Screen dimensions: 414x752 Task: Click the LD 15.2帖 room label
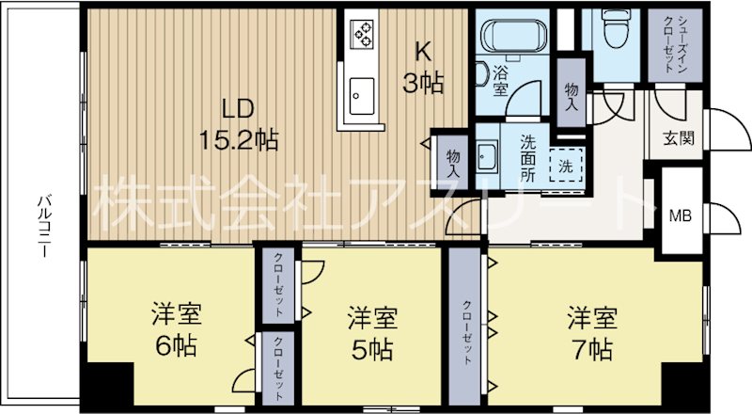237,123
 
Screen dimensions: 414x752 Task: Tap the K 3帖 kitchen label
424,68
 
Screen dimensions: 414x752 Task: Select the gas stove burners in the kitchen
363,35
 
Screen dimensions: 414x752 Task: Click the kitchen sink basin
361,95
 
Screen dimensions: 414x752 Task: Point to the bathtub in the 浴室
516,37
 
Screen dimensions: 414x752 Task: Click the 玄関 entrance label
679,137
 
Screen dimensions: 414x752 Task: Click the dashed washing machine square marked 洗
566,166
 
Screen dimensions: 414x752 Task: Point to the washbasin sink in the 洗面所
487,156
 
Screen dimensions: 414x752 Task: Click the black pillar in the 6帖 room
104,385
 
